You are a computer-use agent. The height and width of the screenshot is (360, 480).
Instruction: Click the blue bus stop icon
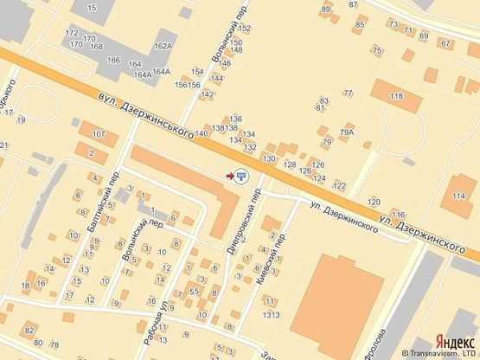pyautogui.click(x=241, y=176)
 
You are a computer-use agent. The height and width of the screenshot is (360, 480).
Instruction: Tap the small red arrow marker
pyautogui.click(x=229, y=176)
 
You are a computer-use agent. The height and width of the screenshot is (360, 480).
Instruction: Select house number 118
pyautogui.click(x=396, y=96)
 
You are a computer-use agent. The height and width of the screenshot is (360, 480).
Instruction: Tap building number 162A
pyautogui.click(x=163, y=46)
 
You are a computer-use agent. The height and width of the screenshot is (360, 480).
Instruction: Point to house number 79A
pyautogui.click(x=347, y=132)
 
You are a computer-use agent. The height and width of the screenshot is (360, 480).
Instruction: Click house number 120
pyautogui.click(x=374, y=201)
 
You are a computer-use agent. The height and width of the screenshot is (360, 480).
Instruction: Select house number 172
pyautogui.click(x=72, y=33)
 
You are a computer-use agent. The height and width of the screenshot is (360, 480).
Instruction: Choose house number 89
pyautogui.click(x=326, y=10)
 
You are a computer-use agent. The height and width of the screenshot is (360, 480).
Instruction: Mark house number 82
pyautogui.click(x=29, y=331)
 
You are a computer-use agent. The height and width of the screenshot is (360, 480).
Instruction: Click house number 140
pyautogui.click(x=202, y=133)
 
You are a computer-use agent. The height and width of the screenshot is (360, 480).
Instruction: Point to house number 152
pyautogui.click(x=246, y=29)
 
